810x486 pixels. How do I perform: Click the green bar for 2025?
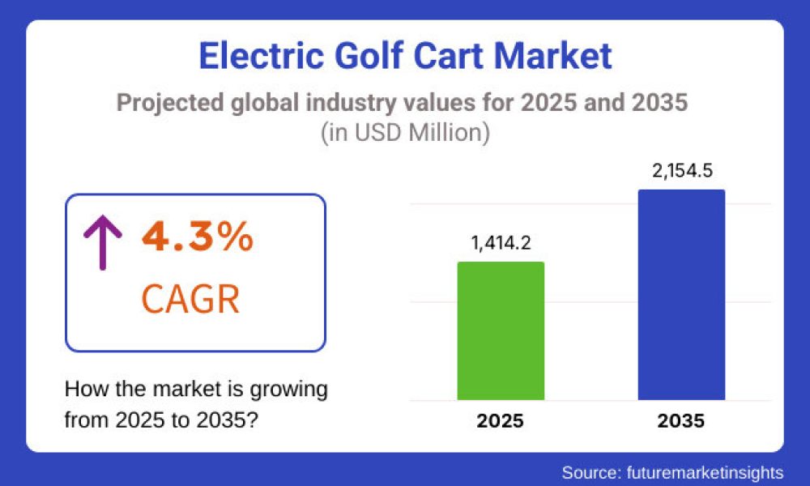point(501,330)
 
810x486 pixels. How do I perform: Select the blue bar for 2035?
point(681,295)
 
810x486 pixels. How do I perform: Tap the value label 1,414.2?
point(501,242)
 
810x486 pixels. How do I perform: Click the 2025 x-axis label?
point(501,421)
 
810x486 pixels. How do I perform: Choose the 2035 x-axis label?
point(681,421)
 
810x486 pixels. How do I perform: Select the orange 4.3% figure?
point(198,237)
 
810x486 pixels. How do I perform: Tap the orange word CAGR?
point(190,299)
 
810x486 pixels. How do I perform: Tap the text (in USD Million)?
point(404,133)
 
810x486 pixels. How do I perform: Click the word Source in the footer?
point(590,471)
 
